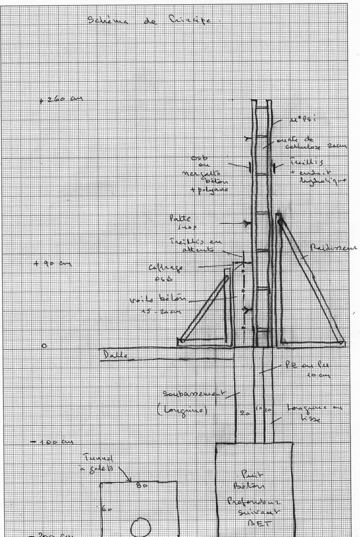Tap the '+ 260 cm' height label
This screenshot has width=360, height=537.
pos(61,100)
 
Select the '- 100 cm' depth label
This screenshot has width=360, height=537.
pos(51,442)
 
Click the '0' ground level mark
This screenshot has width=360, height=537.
pos(44,346)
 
